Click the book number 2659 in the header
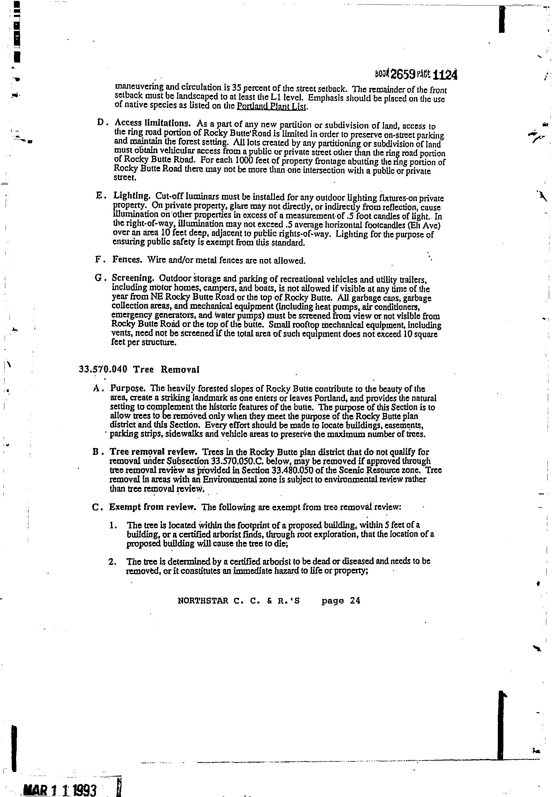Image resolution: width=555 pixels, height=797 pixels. tap(403, 74)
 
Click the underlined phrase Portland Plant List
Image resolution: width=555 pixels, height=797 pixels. tap(271, 106)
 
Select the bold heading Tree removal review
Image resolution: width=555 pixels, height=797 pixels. tap(154, 452)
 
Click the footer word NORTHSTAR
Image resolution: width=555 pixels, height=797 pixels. tap(203, 601)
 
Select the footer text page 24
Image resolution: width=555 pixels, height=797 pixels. tap(341, 601)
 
